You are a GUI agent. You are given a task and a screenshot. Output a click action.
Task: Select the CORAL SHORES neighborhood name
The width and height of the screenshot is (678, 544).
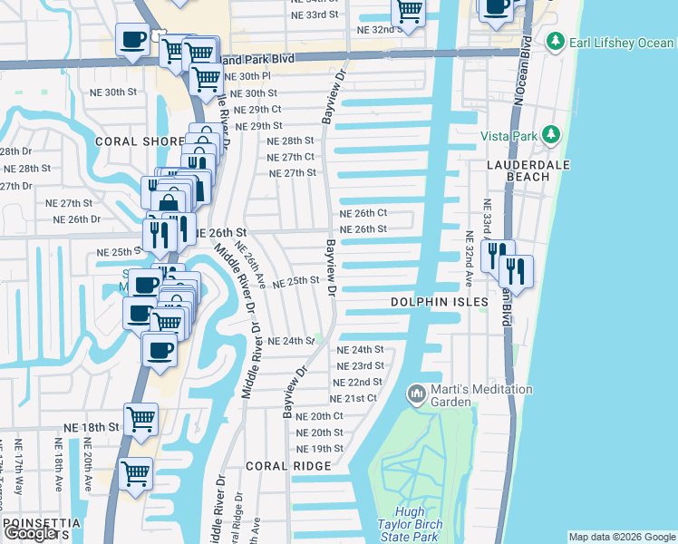coord(143,141)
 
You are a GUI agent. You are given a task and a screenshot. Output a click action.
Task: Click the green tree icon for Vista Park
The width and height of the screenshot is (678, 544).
coord(549,135)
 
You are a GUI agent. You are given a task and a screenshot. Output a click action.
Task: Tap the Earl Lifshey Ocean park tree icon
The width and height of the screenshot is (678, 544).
coord(556,41)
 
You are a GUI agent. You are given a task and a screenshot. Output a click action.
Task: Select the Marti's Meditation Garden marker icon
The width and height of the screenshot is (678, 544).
coord(416,393)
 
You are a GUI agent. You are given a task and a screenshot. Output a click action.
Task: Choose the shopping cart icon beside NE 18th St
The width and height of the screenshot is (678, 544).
coord(140,419)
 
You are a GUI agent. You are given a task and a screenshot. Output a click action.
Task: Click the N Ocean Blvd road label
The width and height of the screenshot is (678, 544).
coord(521,73)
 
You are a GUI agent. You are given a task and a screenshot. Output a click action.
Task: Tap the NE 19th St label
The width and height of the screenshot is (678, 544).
coord(320,449)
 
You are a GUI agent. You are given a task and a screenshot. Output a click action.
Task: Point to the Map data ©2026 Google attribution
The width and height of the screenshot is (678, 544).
coord(622,537)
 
